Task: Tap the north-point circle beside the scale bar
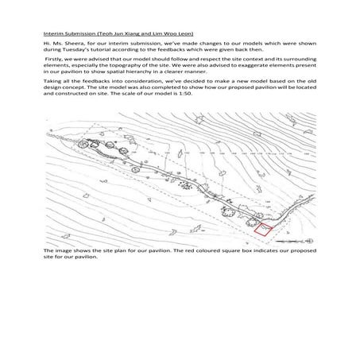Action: (309, 241)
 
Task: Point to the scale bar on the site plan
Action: (289, 242)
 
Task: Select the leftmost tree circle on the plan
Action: (83, 144)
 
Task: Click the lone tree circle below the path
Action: (135, 169)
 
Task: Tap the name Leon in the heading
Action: (187, 33)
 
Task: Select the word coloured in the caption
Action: (207, 250)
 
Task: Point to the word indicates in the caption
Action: (265, 250)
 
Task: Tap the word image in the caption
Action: (64, 251)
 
